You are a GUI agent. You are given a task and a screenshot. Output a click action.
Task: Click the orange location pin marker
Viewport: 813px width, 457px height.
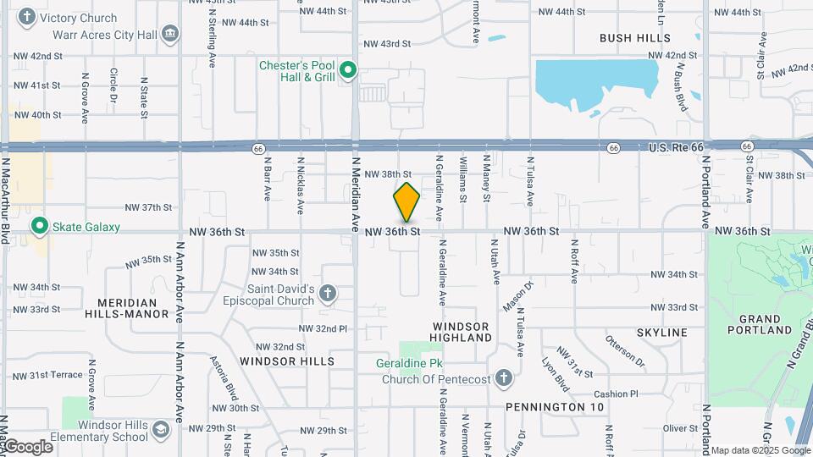[406, 202]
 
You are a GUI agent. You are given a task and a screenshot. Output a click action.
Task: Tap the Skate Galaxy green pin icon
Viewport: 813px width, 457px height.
[38, 227]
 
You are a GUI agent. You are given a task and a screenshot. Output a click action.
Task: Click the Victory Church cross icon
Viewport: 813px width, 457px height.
[28, 17]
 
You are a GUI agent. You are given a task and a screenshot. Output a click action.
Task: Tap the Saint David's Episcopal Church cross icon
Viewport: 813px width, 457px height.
[327, 295]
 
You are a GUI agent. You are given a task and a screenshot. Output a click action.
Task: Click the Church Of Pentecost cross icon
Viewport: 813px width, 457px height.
[503, 378]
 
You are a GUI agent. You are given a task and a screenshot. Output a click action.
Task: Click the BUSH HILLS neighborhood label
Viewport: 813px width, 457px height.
[634, 38]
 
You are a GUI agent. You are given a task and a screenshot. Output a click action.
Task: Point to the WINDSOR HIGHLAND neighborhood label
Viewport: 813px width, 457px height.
[462, 332]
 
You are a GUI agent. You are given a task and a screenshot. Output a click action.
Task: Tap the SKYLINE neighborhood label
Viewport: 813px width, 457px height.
[662, 333]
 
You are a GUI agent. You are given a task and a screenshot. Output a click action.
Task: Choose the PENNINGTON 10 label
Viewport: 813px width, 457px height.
[555, 407]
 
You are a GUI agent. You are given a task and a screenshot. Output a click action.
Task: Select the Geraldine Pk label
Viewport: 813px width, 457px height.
[410, 364]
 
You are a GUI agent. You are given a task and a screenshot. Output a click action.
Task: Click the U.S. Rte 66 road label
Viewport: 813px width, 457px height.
[676, 147]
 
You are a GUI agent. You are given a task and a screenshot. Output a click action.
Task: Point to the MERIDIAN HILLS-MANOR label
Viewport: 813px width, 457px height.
[127, 308]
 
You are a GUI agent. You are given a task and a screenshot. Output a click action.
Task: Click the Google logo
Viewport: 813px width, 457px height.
[27, 447]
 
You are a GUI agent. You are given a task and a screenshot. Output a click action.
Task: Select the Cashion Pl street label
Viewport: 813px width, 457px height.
[616, 394]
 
